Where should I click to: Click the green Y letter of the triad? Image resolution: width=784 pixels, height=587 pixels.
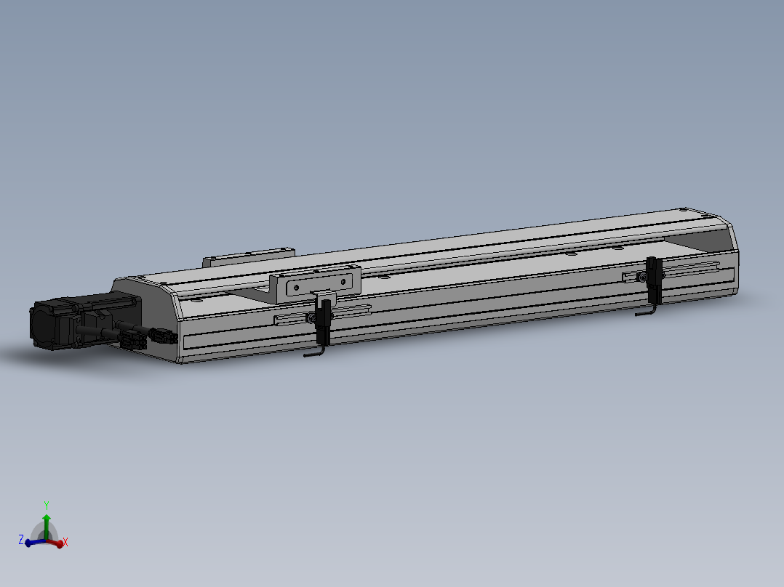(x=47, y=504)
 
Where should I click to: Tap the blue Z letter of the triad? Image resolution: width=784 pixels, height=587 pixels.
(x=21, y=540)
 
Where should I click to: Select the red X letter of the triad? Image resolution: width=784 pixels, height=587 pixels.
(x=65, y=542)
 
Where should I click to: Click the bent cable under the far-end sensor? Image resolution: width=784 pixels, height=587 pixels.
(x=645, y=312)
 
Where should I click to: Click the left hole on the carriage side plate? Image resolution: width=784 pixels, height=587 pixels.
(x=295, y=288)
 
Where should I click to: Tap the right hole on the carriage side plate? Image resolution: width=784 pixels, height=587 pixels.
(x=345, y=280)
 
